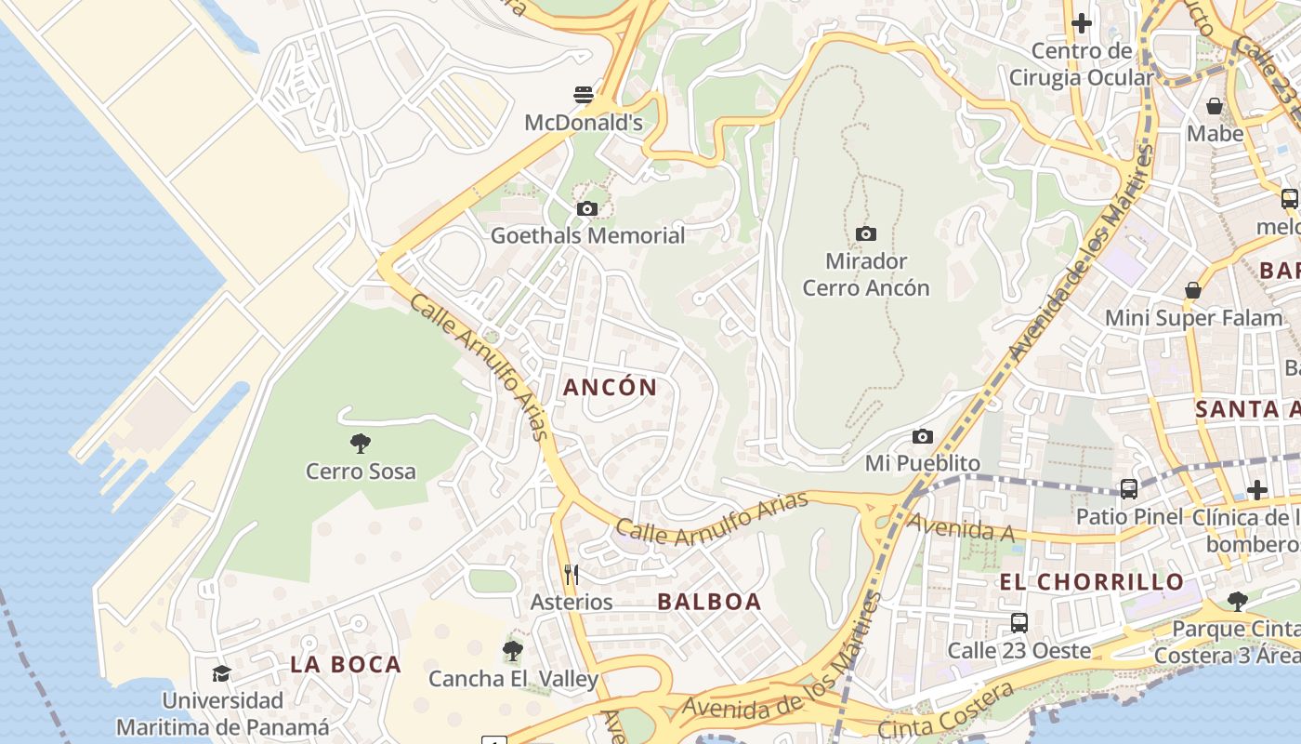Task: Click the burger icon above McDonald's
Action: pyautogui.click(x=584, y=95)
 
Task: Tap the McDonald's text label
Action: pyautogui.click(x=584, y=123)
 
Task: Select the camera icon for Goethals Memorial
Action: pyautogui.click(x=586, y=209)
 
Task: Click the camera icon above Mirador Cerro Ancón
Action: pyautogui.click(x=866, y=233)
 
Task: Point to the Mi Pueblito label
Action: pyautogui.click(x=923, y=462)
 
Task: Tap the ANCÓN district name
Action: pyautogui.click(x=611, y=388)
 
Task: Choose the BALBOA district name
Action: pyautogui.click(x=709, y=602)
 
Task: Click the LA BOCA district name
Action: pyautogui.click(x=346, y=664)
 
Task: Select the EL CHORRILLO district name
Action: pyautogui.click(x=1092, y=582)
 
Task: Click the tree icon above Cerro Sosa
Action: pyautogui.click(x=361, y=444)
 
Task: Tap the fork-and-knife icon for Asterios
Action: pyautogui.click(x=572, y=575)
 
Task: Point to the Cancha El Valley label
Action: pyautogui.click(x=513, y=679)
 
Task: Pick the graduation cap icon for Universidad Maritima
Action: pyautogui.click(x=221, y=673)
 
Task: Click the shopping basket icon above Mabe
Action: pyautogui.click(x=1214, y=106)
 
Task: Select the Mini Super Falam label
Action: pyautogui.click(x=1193, y=318)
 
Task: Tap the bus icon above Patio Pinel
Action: pyautogui.click(x=1129, y=489)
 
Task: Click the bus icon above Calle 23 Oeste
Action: pyautogui.click(x=1019, y=623)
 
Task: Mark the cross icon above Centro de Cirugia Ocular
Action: pyautogui.click(x=1082, y=23)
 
